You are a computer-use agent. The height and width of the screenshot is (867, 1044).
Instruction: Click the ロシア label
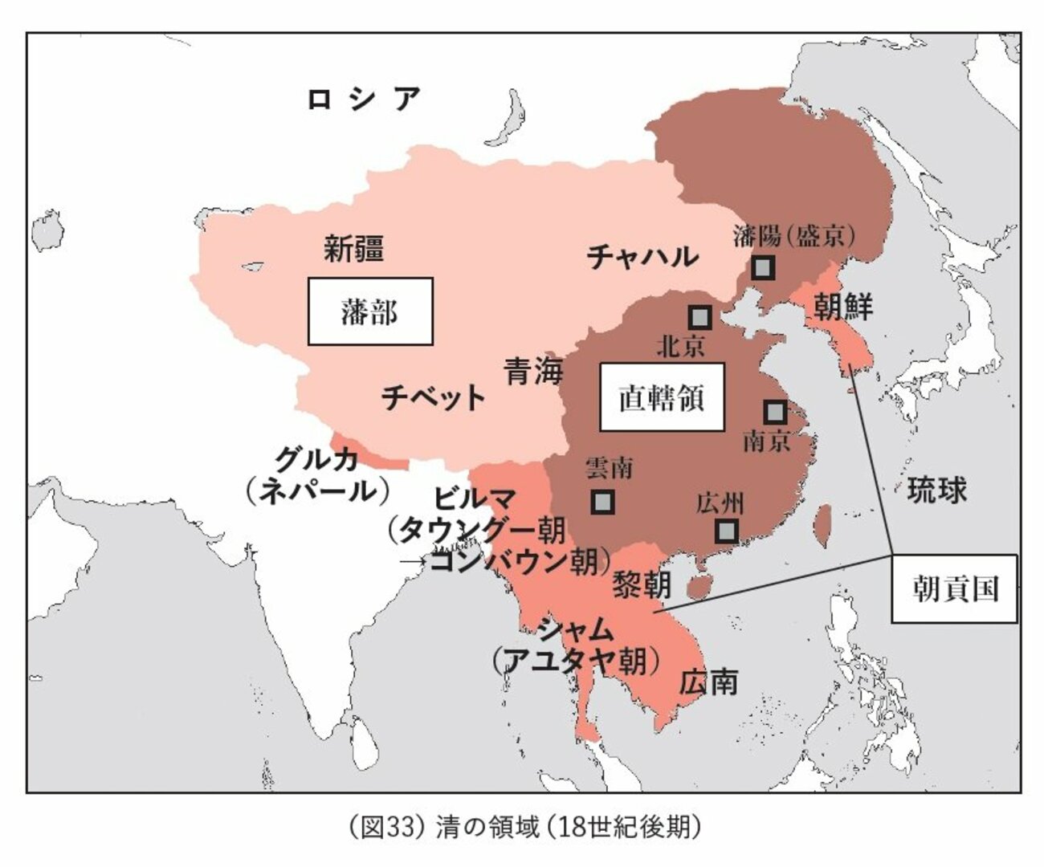coord(364,99)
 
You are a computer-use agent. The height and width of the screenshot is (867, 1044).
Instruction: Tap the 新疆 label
coord(354,248)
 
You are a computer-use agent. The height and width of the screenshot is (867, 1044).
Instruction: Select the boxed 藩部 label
coord(370,311)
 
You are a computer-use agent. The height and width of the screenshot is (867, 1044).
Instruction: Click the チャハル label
coord(642,257)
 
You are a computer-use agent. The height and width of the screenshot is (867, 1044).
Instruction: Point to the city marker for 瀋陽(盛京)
coord(763,267)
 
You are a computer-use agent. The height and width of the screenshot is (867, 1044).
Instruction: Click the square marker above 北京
coord(700,317)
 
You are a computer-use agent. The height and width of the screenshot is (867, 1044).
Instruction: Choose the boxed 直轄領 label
coord(662,397)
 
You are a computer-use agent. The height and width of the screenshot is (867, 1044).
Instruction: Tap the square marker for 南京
coord(775,413)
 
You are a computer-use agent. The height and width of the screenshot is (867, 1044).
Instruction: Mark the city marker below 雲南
coord(602,502)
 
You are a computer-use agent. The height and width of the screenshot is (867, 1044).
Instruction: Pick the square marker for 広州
coord(726,531)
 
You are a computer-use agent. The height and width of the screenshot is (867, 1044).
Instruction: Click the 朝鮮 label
coord(843,306)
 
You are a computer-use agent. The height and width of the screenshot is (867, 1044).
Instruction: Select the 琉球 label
coord(937,490)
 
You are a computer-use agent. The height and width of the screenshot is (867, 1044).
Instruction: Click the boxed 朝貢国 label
coord(955,588)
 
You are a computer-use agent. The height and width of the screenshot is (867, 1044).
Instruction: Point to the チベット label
coord(434,397)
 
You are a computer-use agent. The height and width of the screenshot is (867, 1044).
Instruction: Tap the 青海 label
coord(534,371)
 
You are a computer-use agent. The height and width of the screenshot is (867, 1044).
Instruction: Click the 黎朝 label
coord(642,584)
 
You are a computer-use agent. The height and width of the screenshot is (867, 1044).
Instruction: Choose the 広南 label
coord(708,682)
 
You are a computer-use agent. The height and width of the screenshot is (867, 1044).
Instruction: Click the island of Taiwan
coord(823,522)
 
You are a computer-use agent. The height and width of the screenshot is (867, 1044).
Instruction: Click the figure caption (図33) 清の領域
coord(524,827)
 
